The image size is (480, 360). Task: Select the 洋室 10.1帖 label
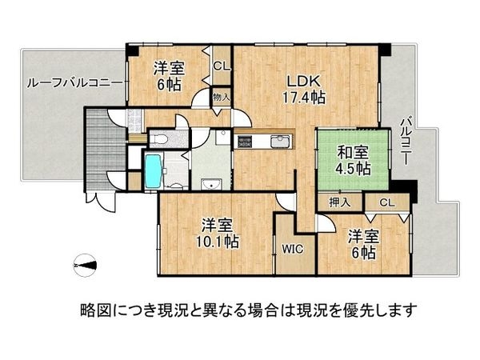[218, 233]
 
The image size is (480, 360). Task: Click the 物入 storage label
[221, 98]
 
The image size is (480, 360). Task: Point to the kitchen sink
[282, 143]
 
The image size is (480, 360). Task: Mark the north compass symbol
[84, 265]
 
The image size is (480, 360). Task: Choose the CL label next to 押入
[387, 203]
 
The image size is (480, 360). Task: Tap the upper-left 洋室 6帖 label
[169, 75]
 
